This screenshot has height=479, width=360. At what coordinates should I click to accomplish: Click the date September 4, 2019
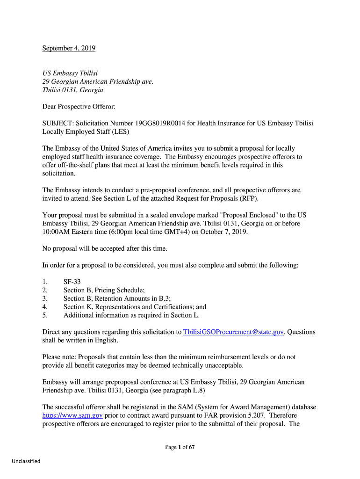point(69,48)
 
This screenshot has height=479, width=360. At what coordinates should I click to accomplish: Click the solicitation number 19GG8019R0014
point(160,123)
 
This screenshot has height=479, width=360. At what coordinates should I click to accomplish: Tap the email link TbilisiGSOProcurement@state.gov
point(233,332)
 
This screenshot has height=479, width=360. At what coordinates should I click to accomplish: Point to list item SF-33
point(72,282)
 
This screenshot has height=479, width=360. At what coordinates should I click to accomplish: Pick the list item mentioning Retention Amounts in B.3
point(117,299)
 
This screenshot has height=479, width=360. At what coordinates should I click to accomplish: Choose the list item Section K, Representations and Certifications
point(135,307)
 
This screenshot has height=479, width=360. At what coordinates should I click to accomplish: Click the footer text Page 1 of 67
point(180,447)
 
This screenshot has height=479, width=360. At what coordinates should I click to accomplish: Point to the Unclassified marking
point(26,461)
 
